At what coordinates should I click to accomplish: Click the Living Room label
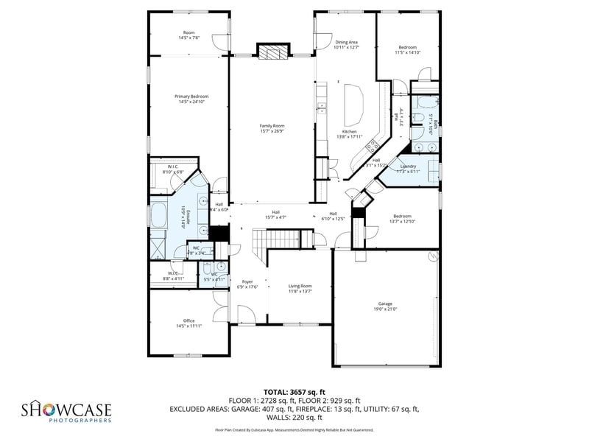point(300,288)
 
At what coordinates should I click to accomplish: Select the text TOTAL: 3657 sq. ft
point(294,392)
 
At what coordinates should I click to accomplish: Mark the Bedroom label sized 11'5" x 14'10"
point(406,49)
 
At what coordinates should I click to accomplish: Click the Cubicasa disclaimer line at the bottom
point(294,429)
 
